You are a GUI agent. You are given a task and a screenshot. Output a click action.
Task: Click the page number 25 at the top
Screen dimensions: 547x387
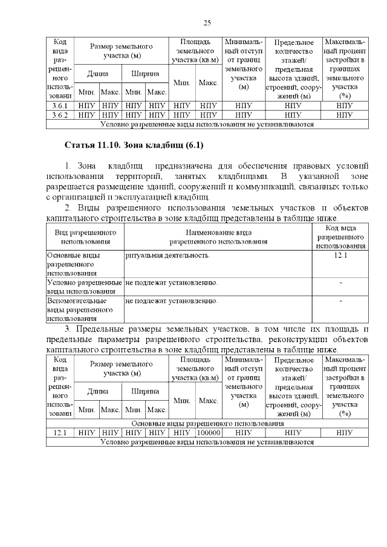pos(207,22)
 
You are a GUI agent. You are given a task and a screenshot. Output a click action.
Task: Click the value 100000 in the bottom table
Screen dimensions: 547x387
pos(208,433)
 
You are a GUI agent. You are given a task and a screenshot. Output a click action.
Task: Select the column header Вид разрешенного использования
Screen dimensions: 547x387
pos(85,237)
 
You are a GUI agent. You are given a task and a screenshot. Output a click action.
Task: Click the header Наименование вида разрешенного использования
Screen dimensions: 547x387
pos(218,237)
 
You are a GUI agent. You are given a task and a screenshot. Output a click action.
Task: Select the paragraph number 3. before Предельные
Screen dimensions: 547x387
pos(68,329)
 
